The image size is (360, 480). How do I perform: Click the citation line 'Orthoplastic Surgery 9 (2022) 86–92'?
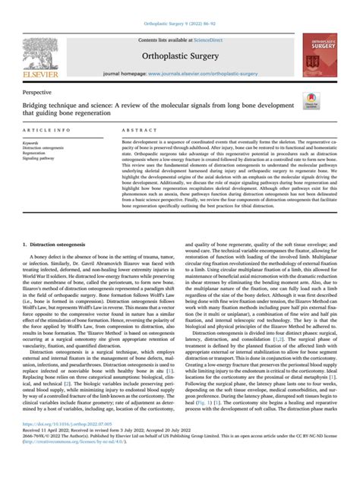(x=179, y=8)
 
